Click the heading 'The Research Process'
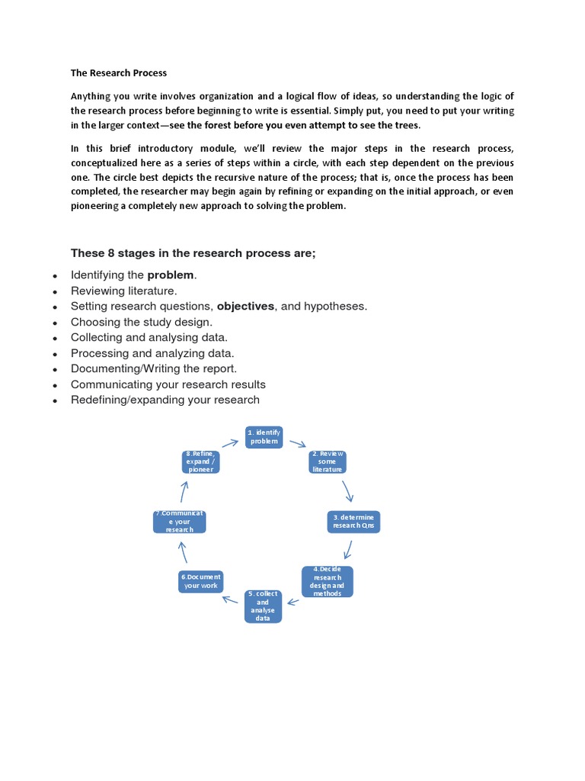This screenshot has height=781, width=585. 118,73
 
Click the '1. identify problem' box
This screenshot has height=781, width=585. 264,437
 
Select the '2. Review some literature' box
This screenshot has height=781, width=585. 327,462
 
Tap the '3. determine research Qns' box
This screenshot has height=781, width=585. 353,522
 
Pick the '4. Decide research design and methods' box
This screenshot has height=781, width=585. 328,581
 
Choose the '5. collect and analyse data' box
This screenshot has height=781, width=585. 263,606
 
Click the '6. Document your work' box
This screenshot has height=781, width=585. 201,581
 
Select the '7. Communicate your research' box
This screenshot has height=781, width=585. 180,522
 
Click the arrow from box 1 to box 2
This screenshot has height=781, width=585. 298,444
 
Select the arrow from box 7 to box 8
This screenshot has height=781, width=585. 184,491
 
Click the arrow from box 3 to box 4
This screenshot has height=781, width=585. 348,549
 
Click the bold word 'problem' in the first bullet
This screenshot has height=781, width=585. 171,275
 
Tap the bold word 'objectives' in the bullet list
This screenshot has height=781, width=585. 245,306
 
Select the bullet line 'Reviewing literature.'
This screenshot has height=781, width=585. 123,291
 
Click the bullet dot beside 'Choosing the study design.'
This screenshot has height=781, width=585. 55,323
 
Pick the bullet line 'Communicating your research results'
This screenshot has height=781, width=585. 168,384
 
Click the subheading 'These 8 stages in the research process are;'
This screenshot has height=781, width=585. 193,253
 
